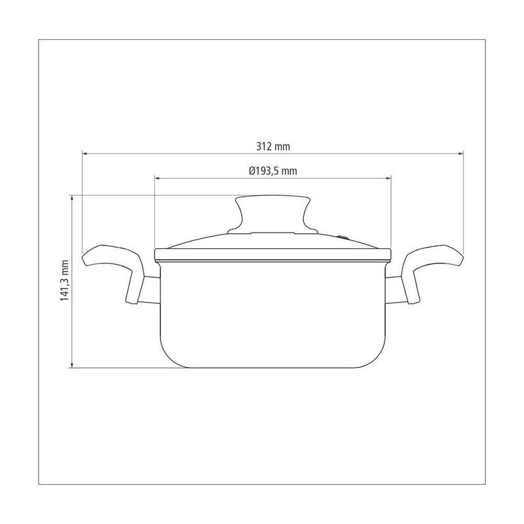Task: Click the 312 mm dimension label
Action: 273,146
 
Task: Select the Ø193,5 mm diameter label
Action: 272,171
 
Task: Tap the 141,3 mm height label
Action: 64,281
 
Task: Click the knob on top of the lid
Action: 272,214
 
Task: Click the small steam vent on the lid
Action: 342,238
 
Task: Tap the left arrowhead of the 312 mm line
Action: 84,153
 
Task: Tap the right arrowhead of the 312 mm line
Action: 461,153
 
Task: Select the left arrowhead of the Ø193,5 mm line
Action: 157,178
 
